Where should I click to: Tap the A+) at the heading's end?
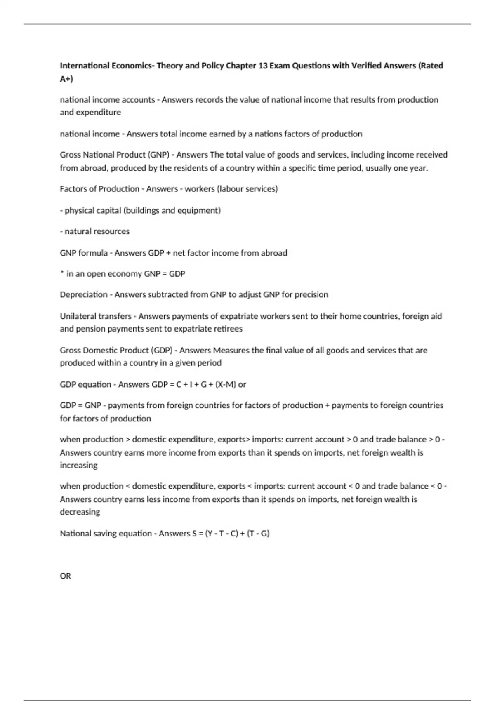[66, 79]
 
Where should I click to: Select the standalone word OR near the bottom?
[65, 576]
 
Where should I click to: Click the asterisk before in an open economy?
[61, 273]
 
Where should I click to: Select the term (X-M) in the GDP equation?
[225, 384]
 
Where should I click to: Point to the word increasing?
[79, 465]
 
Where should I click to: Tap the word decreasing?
[80, 512]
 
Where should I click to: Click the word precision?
[310, 295]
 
